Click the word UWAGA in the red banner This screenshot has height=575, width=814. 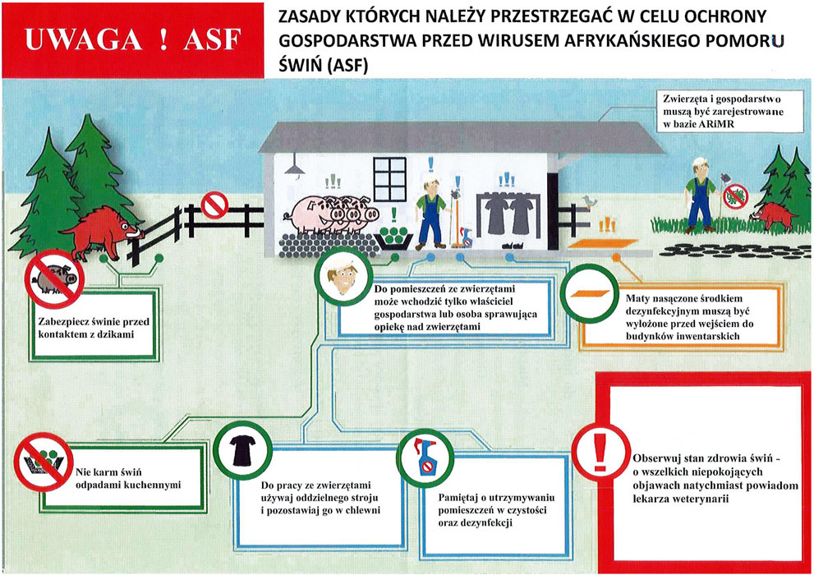click(84, 40)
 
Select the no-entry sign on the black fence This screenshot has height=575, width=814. click(214, 205)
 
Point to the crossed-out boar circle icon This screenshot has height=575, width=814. click(54, 278)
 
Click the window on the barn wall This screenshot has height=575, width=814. click(390, 179)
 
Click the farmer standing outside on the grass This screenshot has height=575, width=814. click(699, 195)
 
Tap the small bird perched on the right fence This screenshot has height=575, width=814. click(589, 201)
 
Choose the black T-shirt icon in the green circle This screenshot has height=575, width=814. click(242, 450)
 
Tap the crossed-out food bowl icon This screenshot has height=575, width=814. click(44, 462)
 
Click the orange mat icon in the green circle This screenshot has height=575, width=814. click(590, 294)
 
